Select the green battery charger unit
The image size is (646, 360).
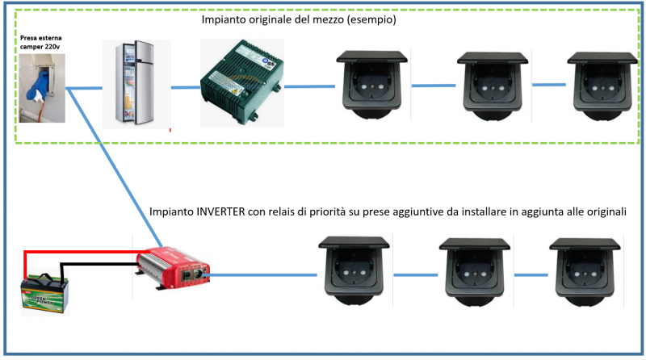coord(241,82)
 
